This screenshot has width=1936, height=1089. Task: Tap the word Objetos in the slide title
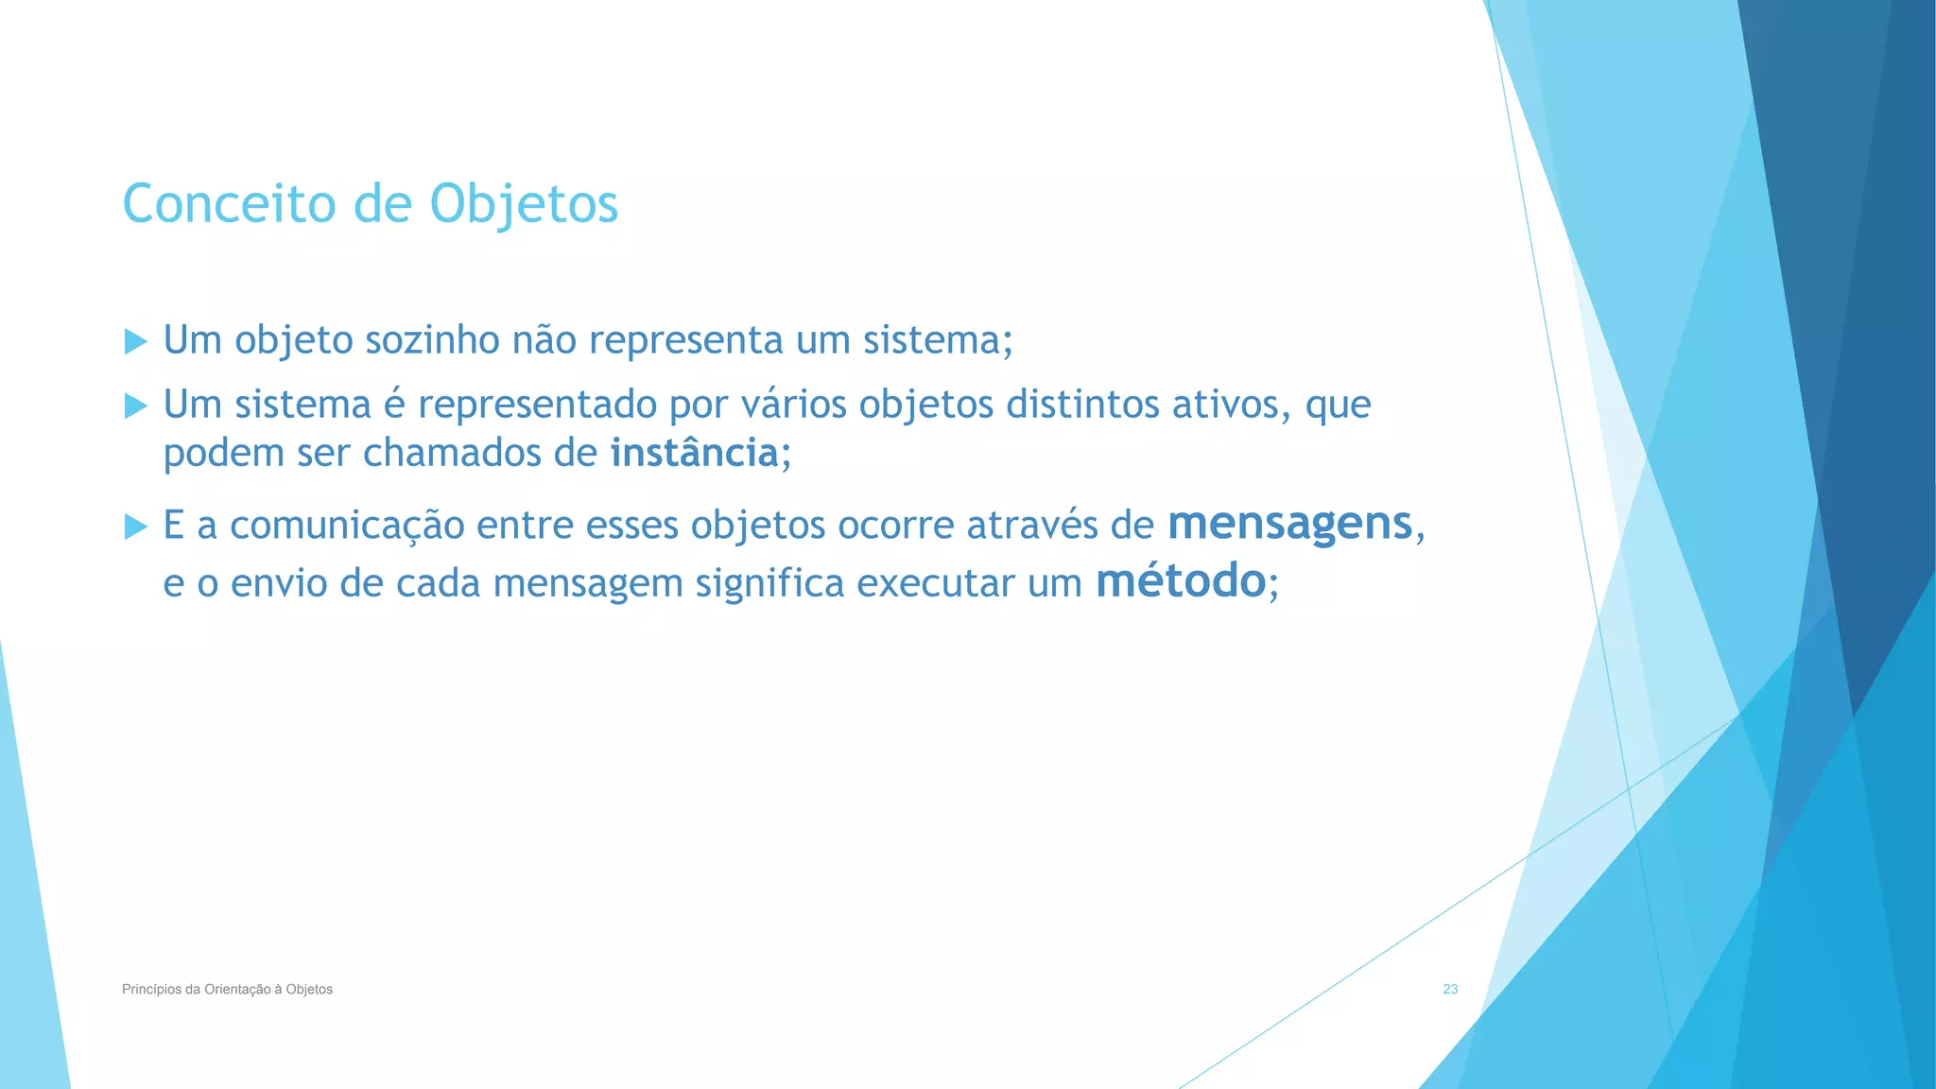point(524,205)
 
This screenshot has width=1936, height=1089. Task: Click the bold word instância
point(694,453)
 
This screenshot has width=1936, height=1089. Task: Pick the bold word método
point(1180,580)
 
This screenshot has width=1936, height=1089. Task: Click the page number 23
point(1450,989)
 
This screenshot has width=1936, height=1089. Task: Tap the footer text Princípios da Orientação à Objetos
point(227,989)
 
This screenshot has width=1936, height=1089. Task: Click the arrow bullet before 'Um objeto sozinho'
point(136,341)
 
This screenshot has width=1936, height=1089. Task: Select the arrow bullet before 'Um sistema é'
point(136,406)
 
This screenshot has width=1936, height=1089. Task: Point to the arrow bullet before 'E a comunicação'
point(136,527)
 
